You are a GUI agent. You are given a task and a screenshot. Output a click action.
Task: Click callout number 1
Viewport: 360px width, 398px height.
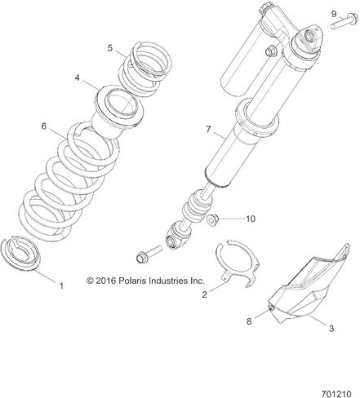[x=61, y=285]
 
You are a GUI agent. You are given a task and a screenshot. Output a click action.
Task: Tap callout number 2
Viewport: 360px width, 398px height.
[x=205, y=294]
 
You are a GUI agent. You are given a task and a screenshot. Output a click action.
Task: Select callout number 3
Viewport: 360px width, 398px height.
[x=331, y=328]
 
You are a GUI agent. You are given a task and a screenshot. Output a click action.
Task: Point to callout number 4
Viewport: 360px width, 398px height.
[x=78, y=77]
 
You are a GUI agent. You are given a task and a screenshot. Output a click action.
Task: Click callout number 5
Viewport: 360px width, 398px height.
[x=110, y=48]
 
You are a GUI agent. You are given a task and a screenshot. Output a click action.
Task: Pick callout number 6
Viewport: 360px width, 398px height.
[x=44, y=126]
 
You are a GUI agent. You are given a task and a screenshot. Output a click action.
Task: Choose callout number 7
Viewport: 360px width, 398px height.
[x=208, y=130]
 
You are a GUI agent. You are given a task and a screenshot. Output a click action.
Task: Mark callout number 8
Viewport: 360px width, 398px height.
[x=249, y=321]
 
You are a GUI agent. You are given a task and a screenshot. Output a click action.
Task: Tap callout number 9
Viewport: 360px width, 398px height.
[x=334, y=14]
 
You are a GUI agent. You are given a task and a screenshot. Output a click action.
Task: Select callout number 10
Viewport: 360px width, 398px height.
[x=251, y=219]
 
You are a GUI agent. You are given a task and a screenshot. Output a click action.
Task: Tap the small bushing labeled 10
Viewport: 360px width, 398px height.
[x=211, y=219]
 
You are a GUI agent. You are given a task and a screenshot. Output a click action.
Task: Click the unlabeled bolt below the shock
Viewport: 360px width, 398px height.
[x=149, y=254]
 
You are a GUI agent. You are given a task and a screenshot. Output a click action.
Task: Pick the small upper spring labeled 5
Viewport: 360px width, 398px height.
[x=144, y=69]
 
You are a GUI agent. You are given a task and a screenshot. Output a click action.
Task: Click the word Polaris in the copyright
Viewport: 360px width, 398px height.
[x=131, y=281]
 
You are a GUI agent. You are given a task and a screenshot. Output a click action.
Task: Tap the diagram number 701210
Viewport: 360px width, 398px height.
[x=336, y=394]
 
